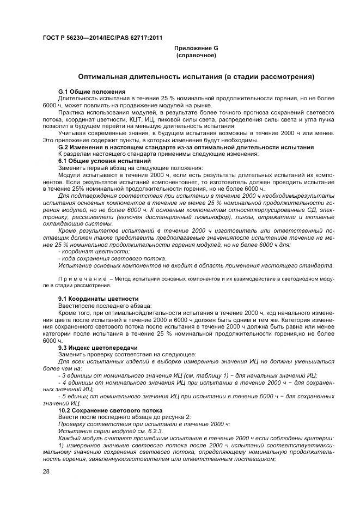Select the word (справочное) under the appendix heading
pos(196,56)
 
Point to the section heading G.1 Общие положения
pos(92,91)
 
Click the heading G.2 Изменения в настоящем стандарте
pos(186,148)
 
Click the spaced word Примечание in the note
pos(82,279)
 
